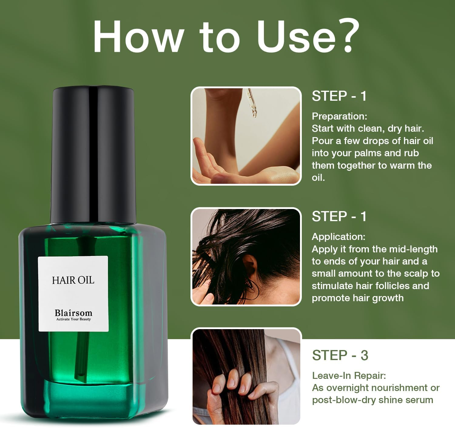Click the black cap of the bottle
point(93,155)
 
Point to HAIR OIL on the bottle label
point(73,280)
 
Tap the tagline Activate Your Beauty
point(73,319)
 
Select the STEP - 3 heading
point(340,355)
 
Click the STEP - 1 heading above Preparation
point(339,96)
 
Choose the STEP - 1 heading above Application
point(339,217)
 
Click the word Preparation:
point(339,116)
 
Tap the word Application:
point(339,237)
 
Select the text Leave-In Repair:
point(349,376)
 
